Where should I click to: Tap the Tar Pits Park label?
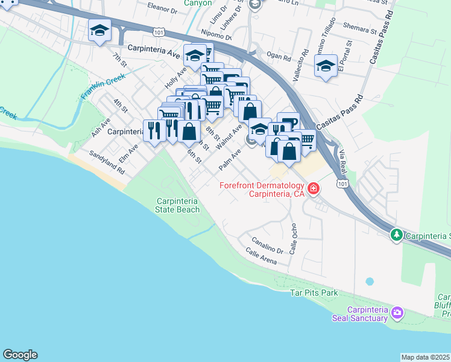tap(314, 293)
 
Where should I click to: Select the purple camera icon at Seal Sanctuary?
tap(397, 313)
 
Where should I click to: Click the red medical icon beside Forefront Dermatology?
tap(313, 189)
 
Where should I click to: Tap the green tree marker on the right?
tap(396, 234)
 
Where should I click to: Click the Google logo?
tap(20, 355)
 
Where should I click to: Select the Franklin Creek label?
tap(103, 87)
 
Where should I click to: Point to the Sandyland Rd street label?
tap(107, 162)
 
